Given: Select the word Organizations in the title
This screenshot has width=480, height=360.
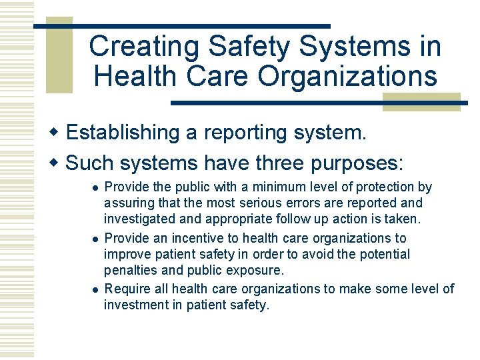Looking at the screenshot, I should point(348,76).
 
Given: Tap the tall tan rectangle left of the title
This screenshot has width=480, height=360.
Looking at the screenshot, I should point(59,56).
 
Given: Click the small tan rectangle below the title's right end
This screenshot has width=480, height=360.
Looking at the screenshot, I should point(421,102).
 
